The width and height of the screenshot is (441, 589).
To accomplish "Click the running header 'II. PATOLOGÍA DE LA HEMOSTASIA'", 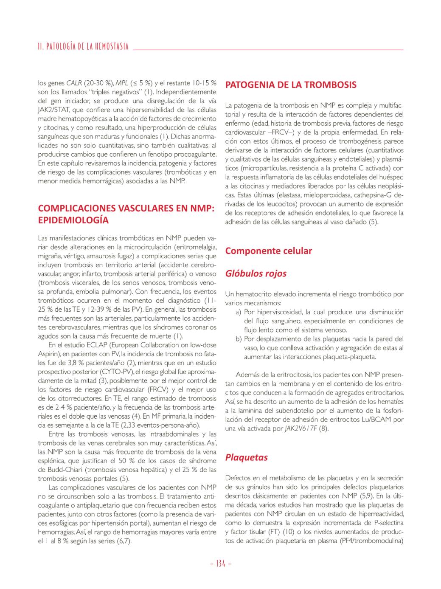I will coord(83,47).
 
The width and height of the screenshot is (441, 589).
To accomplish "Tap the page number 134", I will coord(220,564).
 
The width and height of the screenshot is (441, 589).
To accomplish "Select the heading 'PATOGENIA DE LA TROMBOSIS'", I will coord(291,85).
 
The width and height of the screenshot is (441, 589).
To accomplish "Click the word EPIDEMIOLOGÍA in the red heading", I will coord(73,220).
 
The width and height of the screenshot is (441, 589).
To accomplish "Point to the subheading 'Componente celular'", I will coord(268,251).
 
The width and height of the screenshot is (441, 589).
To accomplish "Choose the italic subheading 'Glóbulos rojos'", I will coord(256,273).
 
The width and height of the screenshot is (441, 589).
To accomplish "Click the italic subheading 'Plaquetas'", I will coord(246,457).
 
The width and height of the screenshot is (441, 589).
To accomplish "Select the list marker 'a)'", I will coord(239,312).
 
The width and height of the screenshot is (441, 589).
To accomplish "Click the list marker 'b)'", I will coord(239,339).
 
